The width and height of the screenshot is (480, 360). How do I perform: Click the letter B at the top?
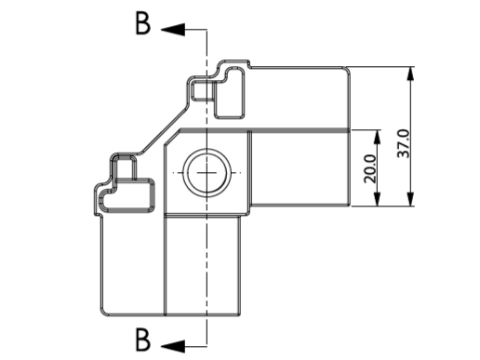click(143, 23)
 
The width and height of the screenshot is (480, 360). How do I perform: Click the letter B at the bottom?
click(143, 340)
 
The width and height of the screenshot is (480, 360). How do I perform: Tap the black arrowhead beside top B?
click(173, 30)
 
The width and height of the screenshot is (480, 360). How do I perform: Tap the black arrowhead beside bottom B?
click(173, 346)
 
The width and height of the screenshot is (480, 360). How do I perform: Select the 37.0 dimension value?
click(404, 143)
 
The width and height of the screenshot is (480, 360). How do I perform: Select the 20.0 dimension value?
click(370, 168)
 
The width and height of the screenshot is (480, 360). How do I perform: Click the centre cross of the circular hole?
click(207, 173)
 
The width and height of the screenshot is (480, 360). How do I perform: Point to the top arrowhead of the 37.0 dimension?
click(410, 73)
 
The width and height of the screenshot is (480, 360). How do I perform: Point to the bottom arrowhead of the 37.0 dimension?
click(410, 199)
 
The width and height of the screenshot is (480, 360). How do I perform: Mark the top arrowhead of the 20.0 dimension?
click(377, 137)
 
